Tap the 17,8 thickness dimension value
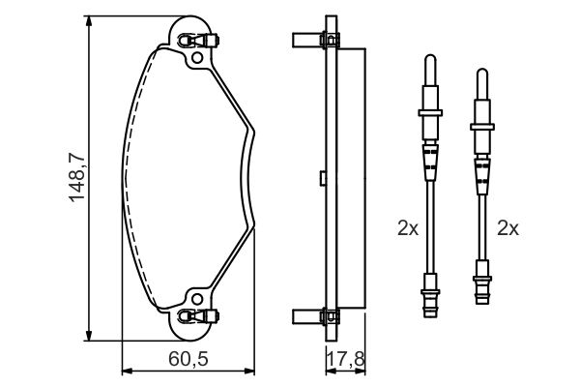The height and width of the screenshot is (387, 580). coord(344,359)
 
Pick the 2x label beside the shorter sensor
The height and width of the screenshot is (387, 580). coord(507,229)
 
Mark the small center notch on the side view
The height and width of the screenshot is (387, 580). coord(320,178)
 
